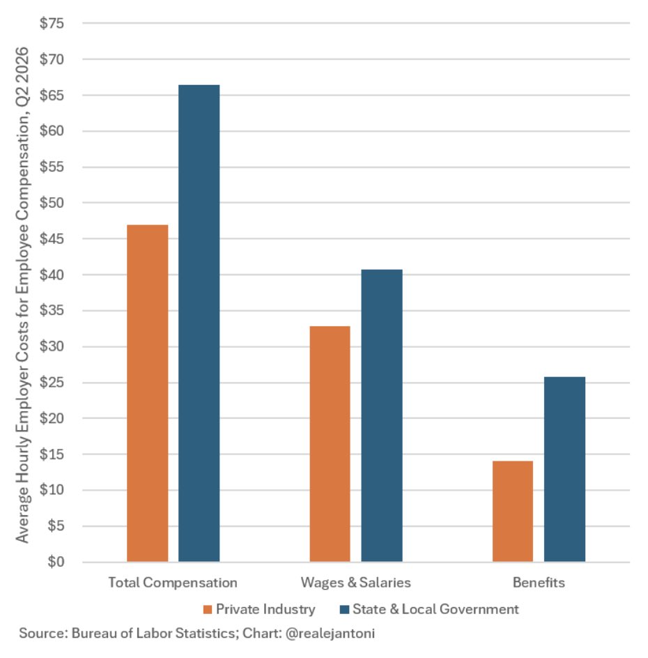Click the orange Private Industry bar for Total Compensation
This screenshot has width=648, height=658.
click(x=147, y=393)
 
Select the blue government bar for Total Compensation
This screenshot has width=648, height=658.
click(x=199, y=323)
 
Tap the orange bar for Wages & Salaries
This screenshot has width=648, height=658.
click(x=330, y=444)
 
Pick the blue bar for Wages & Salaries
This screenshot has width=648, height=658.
click(x=382, y=415)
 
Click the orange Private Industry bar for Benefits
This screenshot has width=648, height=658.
click(x=513, y=511)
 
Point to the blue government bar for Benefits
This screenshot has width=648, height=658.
click(x=564, y=469)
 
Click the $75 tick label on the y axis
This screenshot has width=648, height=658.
click(x=52, y=23)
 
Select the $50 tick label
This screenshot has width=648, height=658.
click(x=52, y=203)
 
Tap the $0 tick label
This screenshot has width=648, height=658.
click(x=56, y=562)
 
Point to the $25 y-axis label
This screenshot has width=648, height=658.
click(x=52, y=382)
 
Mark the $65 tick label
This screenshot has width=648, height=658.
click(x=52, y=95)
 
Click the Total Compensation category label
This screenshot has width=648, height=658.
click(x=173, y=583)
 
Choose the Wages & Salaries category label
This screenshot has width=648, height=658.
click(x=355, y=583)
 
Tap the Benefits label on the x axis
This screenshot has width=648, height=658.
click(x=539, y=583)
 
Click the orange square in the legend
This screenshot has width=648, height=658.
click(x=207, y=609)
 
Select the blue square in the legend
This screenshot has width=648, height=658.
click(x=344, y=609)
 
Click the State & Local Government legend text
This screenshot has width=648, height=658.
click(x=435, y=609)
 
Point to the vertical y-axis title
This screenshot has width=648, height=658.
click(x=22, y=295)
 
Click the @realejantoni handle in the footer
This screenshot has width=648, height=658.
click(x=330, y=633)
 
